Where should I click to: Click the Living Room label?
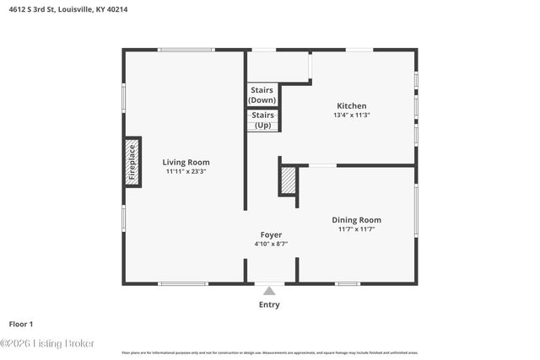click(x=186, y=162)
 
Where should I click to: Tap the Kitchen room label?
click(x=351, y=106)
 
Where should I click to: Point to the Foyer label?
click(x=271, y=234)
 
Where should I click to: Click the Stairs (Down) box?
click(x=262, y=94)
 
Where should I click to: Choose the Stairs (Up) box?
click(x=262, y=120)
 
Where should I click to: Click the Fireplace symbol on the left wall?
click(x=132, y=162)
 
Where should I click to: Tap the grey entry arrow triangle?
click(x=269, y=291)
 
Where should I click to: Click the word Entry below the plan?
click(x=269, y=304)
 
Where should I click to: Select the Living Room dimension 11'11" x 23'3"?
click(x=186, y=171)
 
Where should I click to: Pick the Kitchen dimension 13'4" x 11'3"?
click(x=351, y=116)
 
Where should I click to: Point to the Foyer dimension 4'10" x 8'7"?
click(x=271, y=244)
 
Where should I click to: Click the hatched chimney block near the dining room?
click(x=289, y=180)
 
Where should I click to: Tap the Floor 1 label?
click(x=21, y=323)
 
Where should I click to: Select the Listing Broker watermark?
click(x=48, y=343)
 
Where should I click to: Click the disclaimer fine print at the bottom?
click(x=269, y=352)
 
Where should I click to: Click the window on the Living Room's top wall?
click(x=186, y=50)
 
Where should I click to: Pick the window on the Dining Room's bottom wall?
click(x=348, y=283)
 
